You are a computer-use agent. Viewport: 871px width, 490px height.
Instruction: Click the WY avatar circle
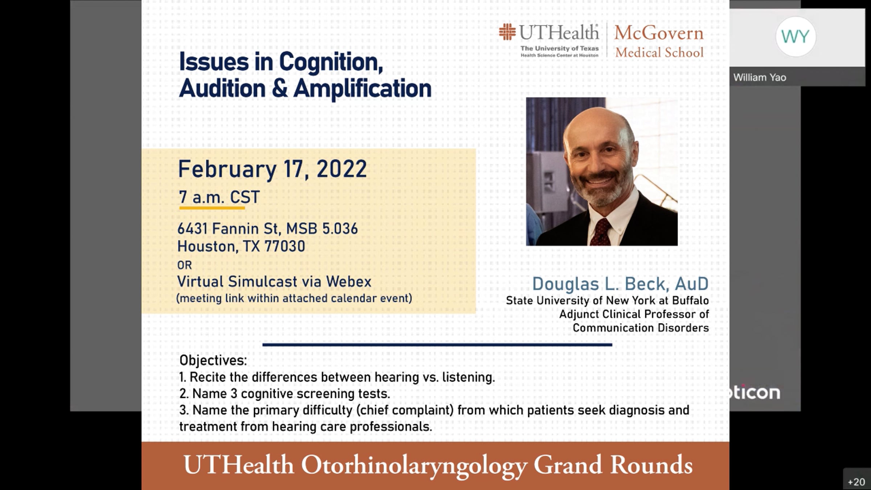click(796, 36)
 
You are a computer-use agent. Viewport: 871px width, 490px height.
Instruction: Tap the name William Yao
click(760, 77)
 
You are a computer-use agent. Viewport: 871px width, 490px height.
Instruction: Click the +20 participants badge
click(856, 482)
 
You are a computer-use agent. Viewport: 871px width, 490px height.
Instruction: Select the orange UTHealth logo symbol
click(507, 32)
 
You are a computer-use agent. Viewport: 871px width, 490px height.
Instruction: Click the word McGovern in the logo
click(659, 33)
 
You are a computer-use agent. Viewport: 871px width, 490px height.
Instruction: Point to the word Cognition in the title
click(331, 62)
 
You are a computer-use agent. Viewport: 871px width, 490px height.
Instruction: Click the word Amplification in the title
click(362, 89)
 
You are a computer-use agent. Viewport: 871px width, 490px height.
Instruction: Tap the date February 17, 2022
click(272, 170)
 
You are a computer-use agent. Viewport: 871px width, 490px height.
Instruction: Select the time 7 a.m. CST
click(219, 197)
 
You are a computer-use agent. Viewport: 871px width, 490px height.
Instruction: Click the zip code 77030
click(285, 246)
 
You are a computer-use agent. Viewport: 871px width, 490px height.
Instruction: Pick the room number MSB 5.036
click(322, 229)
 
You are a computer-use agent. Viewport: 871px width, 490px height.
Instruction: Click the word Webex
click(348, 282)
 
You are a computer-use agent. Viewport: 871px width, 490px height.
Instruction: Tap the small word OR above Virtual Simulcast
click(184, 265)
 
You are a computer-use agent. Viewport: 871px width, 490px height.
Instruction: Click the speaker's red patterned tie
click(601, 233)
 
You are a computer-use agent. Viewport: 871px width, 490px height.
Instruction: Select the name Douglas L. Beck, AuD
click(620, 284)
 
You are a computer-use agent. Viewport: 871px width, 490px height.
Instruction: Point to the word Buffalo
click(690, 301)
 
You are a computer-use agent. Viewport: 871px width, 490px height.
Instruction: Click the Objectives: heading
click(213, 360)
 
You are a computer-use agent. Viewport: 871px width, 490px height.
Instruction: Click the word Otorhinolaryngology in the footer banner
click(414, 466)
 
